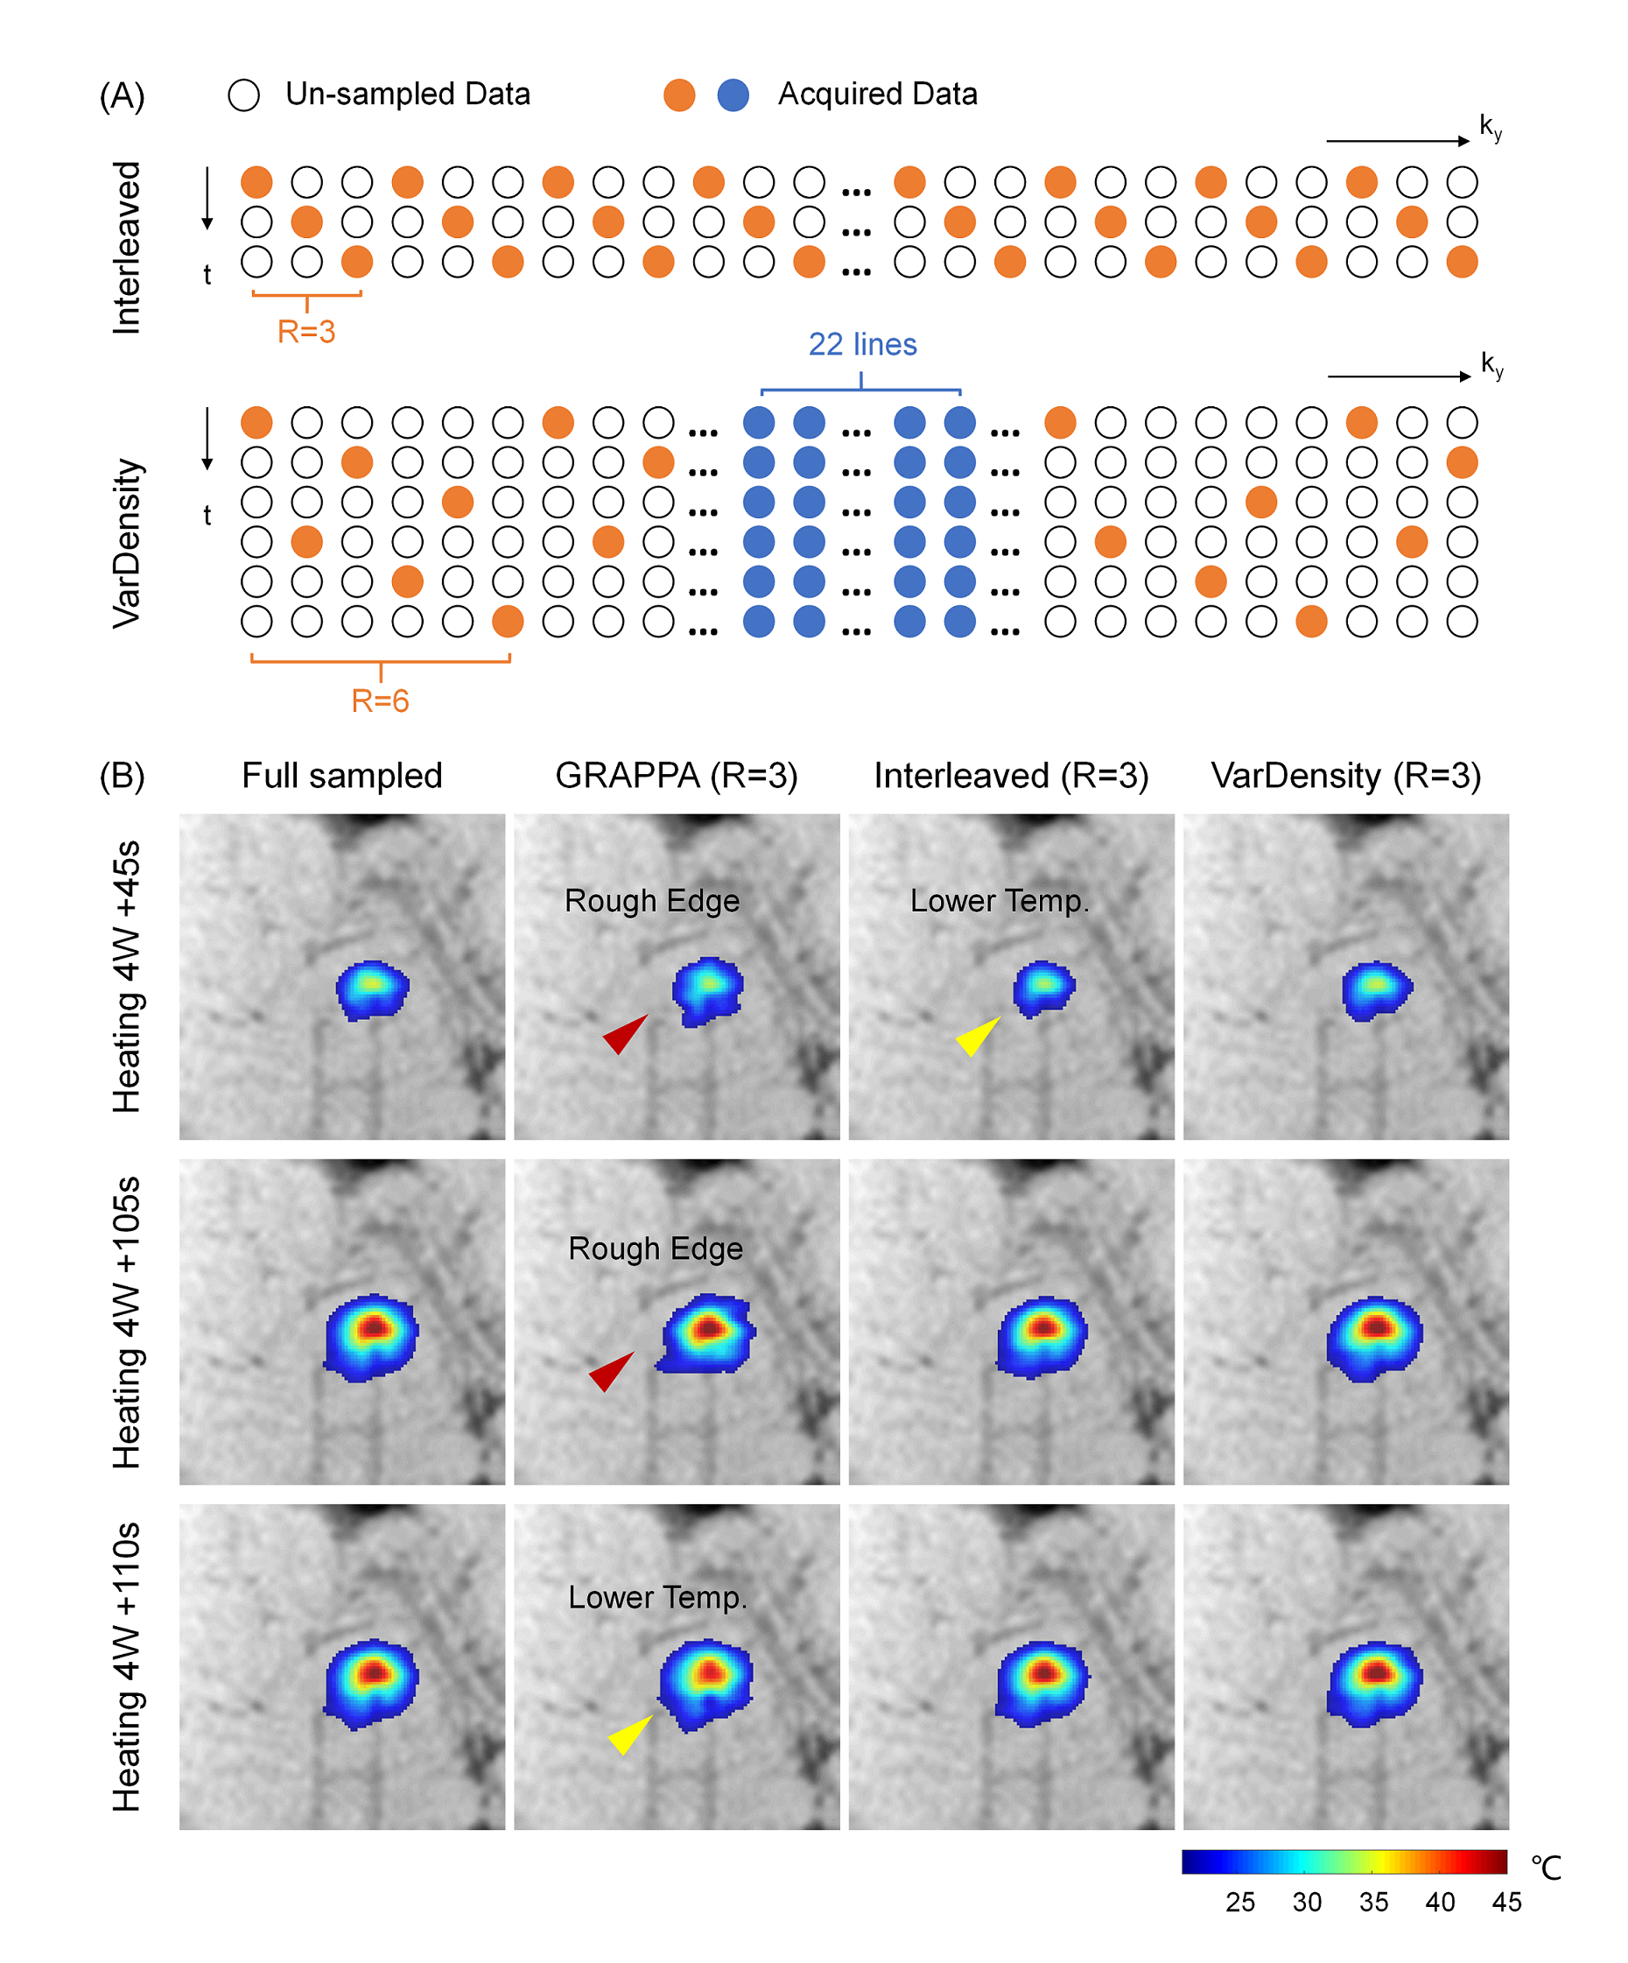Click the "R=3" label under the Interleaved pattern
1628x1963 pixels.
point(305,332)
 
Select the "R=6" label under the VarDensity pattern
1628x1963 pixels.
point(380,700)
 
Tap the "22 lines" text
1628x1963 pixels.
point(861,345)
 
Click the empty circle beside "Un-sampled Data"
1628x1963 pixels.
point(244,95)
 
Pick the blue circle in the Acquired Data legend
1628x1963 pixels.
point(733,95)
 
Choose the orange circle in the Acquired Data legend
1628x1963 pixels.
point(679,95)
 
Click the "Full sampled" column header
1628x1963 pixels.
point(342,776)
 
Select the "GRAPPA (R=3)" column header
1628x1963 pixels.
point(677,776)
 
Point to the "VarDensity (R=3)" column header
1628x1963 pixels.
point(1346,776)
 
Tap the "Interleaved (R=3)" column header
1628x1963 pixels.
point(1011,776)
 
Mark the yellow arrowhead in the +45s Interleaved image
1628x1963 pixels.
point(978,1036)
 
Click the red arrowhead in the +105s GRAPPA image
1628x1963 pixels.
point(611,1370)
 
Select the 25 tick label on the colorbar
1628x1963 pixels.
point(1240,1903)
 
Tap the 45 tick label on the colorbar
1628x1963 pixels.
point(1506,1903)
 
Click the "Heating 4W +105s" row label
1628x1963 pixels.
point(126,1322)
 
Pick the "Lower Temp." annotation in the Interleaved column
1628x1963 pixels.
point(999,901)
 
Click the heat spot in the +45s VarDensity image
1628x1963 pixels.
point(1376,989)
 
